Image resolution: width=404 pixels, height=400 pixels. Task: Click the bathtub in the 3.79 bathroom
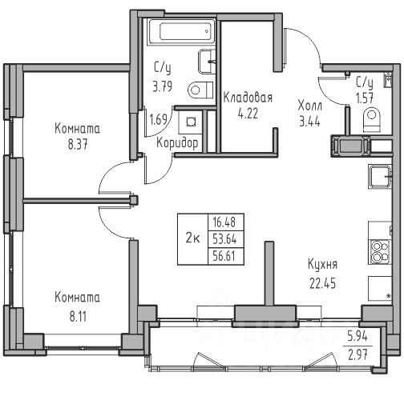[182, 32]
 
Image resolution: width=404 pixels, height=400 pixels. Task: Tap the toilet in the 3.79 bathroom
[200, 90]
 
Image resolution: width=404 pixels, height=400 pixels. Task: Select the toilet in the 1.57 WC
[372, 119]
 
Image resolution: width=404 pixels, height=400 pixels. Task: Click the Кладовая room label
[248, 98]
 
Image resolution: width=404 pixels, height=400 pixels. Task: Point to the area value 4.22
[248, 114]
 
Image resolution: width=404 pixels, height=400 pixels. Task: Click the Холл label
[310, 106]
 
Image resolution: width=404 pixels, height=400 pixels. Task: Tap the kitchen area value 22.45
[322, 283]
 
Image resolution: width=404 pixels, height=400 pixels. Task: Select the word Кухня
[322, 265]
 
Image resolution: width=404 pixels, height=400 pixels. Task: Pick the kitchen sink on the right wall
[380, 177]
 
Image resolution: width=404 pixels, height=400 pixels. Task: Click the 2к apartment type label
[192, 238]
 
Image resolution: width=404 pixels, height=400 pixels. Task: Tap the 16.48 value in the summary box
[224, 222]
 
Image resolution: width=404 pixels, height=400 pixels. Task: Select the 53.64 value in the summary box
[224, 239]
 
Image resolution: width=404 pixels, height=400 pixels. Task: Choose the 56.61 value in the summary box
[224, 256]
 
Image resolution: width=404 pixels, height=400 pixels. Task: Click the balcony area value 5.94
[358, 336]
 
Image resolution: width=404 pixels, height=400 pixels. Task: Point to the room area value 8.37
[78, 145]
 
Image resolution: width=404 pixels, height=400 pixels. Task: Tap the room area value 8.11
[78, 317]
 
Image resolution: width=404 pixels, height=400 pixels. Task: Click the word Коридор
[177, 143]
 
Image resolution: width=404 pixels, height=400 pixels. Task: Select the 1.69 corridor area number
[158, 119]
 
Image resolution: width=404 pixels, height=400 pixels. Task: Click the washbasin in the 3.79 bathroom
[207, 62]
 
